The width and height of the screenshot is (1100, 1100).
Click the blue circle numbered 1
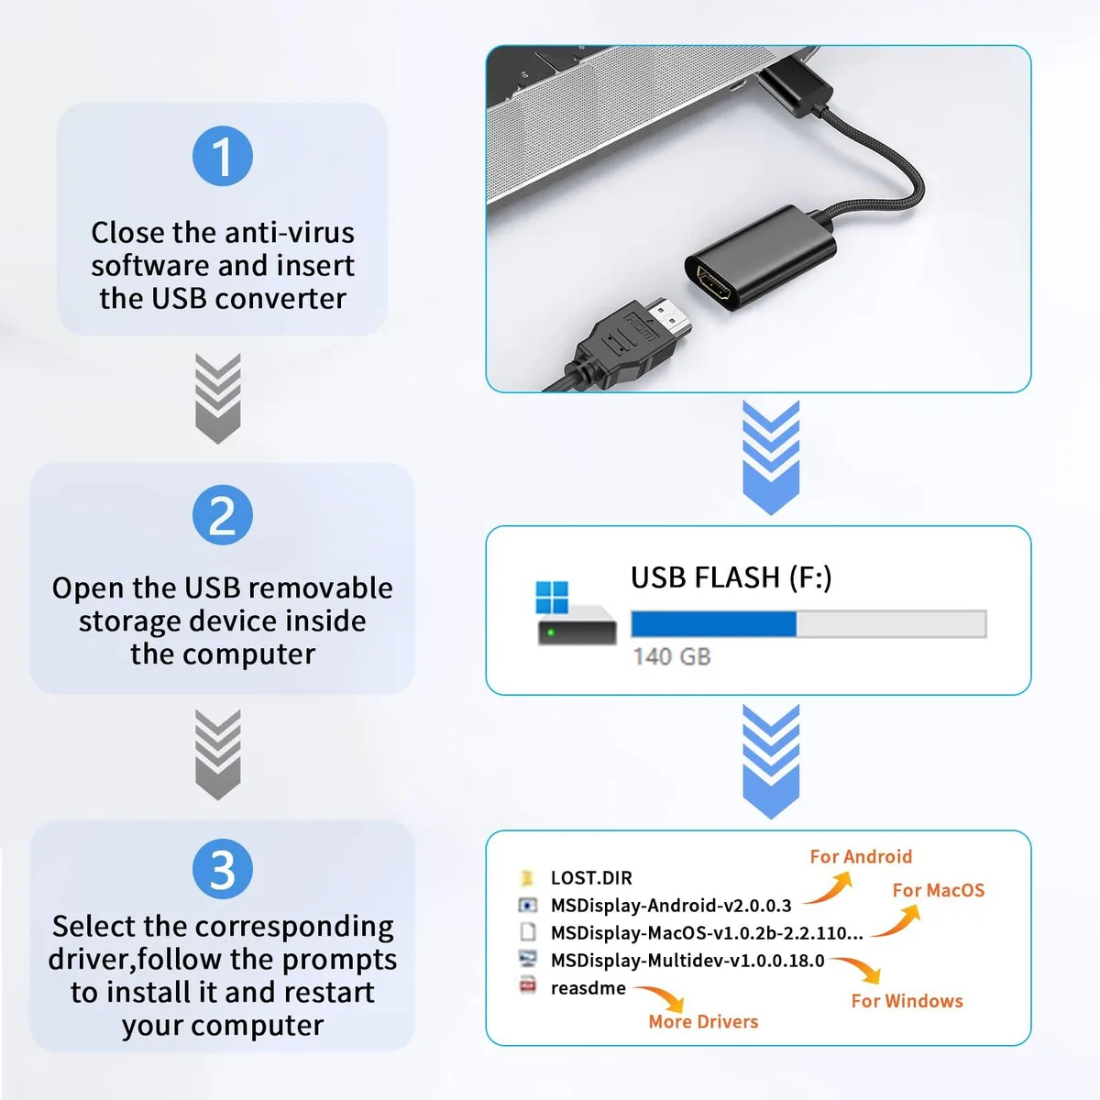[x=223, y=156]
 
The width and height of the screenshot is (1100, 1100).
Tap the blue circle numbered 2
[x=223, y=515]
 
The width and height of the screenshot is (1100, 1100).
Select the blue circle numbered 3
[x=223, y=869]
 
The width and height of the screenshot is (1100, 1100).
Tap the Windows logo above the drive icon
[x=552, y=597]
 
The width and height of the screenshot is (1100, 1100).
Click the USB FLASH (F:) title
[x=731, y=577]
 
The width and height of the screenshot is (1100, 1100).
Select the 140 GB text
[x=672, y=657]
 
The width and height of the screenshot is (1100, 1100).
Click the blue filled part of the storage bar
[x=713, y=623]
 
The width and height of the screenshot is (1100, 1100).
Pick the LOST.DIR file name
[x=591, y=878]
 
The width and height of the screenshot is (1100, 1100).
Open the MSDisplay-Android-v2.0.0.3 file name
[x=671, y=906]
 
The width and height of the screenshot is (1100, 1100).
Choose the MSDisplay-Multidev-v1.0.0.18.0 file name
[x=687, y=961]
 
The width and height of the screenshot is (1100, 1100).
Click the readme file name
[x=588, y=988]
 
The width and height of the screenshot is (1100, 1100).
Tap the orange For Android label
[x=861, y=856]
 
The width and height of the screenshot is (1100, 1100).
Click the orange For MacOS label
[x=939, y=890]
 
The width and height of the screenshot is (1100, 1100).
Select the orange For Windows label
[x=907, y=1001]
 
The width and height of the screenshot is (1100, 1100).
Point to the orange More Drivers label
[x=703, y=1021]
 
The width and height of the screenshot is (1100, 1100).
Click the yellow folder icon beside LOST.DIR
[x=527, y=877]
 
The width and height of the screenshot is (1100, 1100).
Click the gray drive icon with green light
[x=577, y=626]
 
